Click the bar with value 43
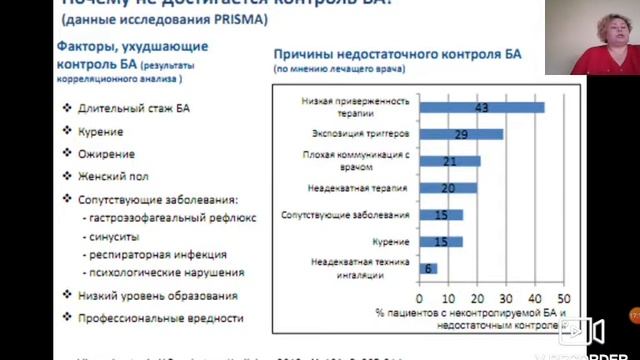(481, 107)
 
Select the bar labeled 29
(461, 134)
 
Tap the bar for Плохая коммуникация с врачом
(449, 161)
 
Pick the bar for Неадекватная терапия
(447, 188)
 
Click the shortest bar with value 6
(428, 268)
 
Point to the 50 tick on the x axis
(564, 298)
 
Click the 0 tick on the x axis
(420, 298)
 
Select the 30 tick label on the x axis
(506, 298)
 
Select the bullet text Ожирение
(105, 154)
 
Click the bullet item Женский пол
(111, 176)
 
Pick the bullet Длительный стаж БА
(125, 109)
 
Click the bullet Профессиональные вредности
(160, 318)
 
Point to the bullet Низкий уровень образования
(157, 295)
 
